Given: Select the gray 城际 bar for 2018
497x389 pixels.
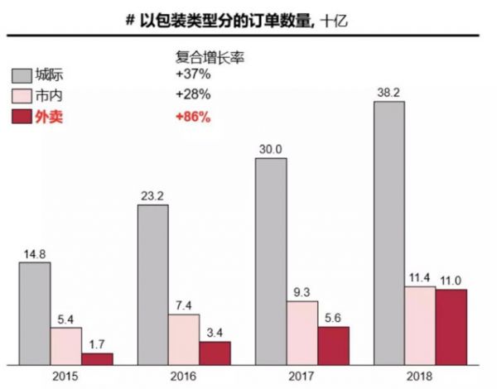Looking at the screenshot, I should coord(388,232).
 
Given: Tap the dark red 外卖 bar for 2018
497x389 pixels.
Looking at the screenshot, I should coord(451,326).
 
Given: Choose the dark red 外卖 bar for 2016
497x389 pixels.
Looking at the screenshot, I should coord(215,352).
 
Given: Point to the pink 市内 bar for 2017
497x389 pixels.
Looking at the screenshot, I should coord(302,332).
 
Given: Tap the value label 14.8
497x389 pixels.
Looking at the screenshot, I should coord(35,253).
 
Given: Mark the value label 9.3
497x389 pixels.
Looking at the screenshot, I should coord(302,292).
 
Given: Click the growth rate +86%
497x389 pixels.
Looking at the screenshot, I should coord(192,118).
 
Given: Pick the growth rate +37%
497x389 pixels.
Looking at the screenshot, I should coord(192,76).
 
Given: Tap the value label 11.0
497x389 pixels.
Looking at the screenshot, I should coord(451,281).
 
